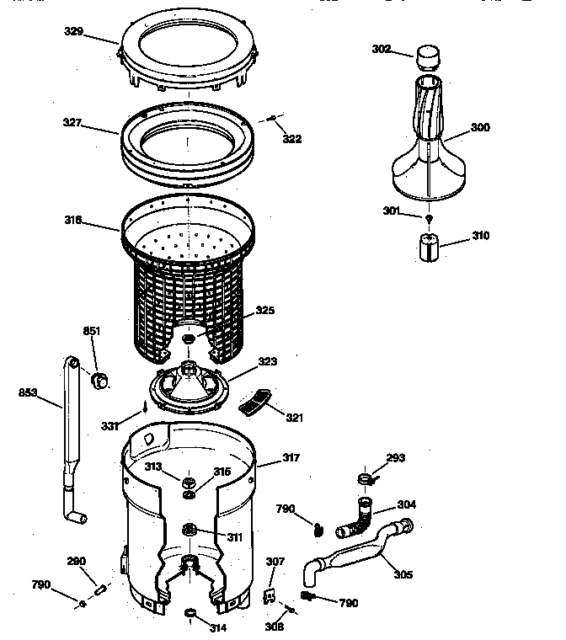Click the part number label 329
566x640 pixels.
pyautogui.click(x=98, y=31)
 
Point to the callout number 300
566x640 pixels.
pyautogui.click(x=480, y=127)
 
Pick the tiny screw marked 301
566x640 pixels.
pyautogui.click(x=430, y=218)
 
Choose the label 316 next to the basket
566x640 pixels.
pyautogui.click(x=96, y=221)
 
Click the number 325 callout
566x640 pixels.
pyautogui.click(x=265, y=310)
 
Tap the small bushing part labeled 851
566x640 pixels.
pyautogui.click(x=101, y=381)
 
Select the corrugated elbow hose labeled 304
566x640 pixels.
pyautogui.click(x=357, y=518)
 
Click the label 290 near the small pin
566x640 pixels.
pyautogui.click(x=77, y=561)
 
